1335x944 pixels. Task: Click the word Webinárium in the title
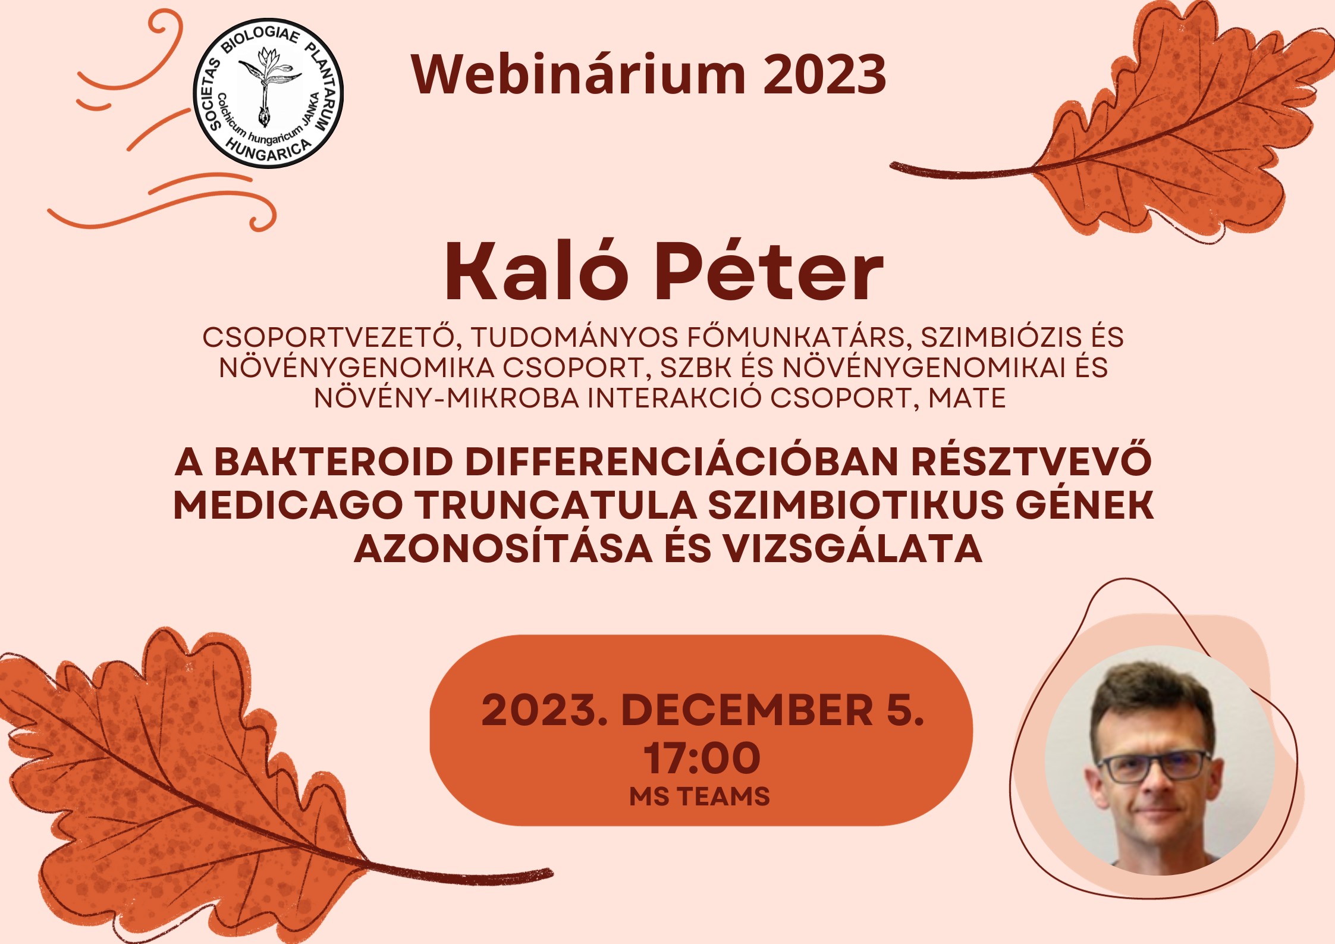coord(578,74)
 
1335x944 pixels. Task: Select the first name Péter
coord(769,272)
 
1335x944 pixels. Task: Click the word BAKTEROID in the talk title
coord(334,462)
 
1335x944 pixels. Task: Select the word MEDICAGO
coord(288,506)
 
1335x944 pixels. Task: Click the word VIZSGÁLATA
coord(853,548)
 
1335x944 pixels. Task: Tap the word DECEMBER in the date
coord(747,710)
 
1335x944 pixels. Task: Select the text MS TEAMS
coord(700,796)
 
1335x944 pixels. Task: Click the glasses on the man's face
coord(1153,767)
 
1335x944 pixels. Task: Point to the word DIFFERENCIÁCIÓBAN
coord(681,462)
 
